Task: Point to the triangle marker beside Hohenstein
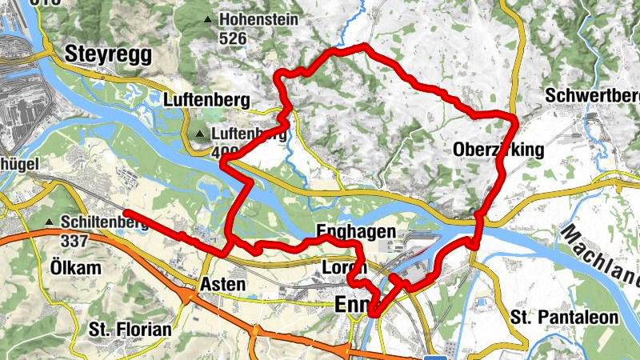click(x=209, y=19)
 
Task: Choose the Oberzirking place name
click(x=498, y=150)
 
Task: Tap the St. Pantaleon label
click(x=564, y=318)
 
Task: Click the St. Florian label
click(x=130, y=329)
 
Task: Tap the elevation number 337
click(x=75, y=240)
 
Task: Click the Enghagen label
click(x=356, y=232)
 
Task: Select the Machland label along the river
click(x=600, y=256)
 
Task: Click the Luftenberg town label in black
click(x=206, y=101)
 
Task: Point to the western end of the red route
click(x=126, y=212)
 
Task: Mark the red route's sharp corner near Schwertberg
click(x=514, y=117)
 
